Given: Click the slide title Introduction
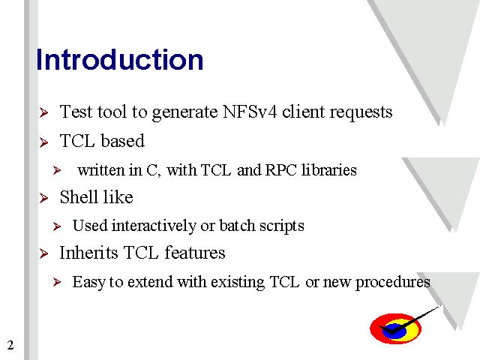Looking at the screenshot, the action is pos(120,59).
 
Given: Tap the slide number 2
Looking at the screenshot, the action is pos(10,345).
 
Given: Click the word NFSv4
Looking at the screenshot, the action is pos(250,112).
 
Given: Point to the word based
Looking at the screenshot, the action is pos(122,141).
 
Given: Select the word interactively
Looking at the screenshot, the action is pos(154,226).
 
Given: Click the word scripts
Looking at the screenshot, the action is pos(282,226).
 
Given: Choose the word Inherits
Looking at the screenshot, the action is pos(88,253).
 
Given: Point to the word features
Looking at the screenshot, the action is pos(195,253).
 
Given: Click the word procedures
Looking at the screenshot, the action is pos(392,283).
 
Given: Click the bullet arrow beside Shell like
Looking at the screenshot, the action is pos(43,198).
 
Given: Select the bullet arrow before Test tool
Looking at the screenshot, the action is pos(43,112).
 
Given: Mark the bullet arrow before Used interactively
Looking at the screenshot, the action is pos(57,226).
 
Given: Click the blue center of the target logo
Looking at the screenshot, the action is pos(395,331).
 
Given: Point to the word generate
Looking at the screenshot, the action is pos(184,112).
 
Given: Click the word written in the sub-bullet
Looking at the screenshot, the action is pos(100,170).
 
